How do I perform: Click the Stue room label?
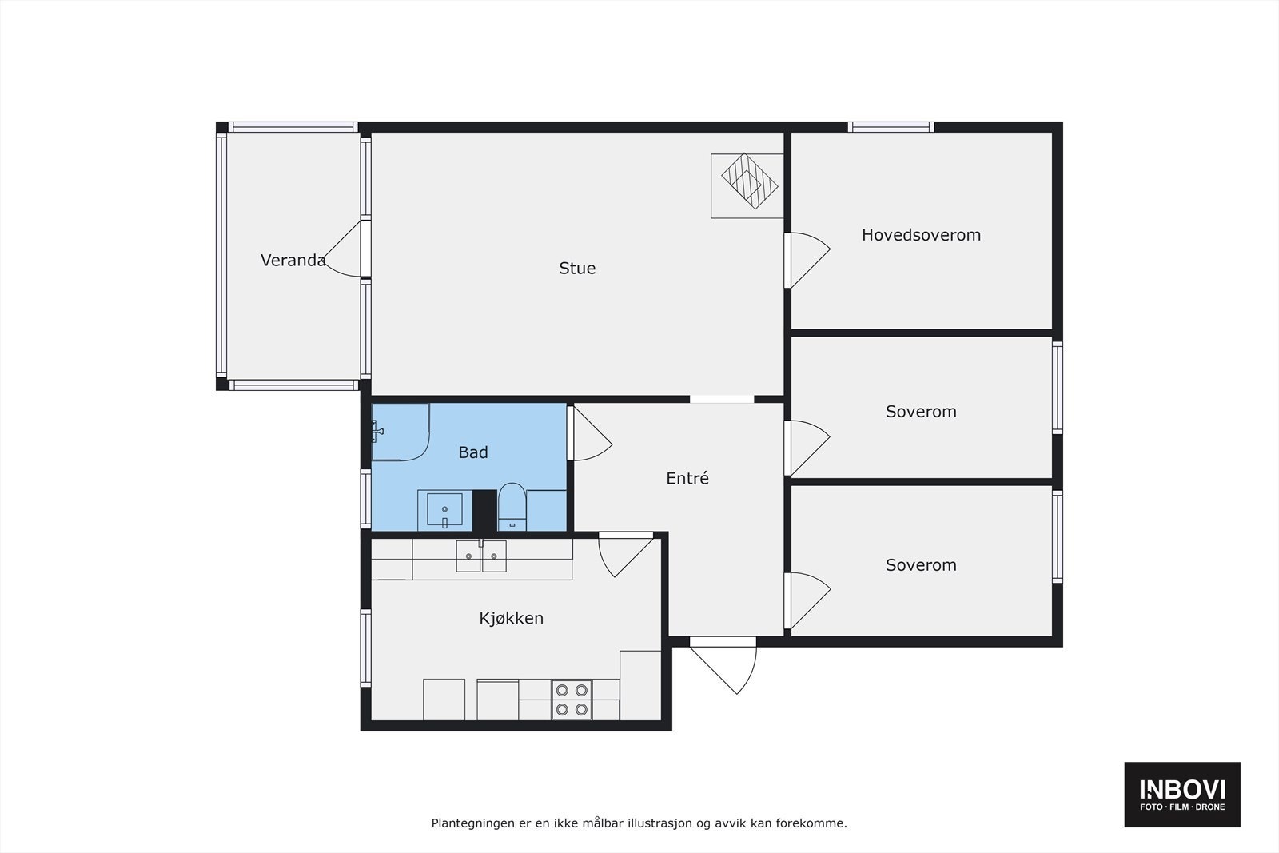point(577,269)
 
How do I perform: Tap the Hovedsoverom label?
point(921,235)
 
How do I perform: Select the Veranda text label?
point(293,261)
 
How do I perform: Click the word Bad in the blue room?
point(472,452)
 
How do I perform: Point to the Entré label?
point(687,479)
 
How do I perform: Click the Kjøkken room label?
point(512,618)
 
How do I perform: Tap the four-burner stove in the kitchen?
point(572,700)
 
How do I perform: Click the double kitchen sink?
point(481,556)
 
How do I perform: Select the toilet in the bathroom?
point(512,506)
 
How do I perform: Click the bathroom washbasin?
point(444,510)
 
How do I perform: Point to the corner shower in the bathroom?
point(400,432)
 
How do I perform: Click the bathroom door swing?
point(590,436)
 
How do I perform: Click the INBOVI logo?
point(1182,794)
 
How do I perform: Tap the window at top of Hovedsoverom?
point(891,126)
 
